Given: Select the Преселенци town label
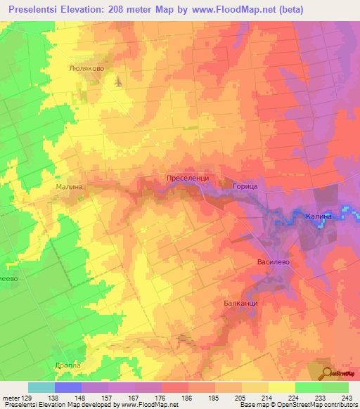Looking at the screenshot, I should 188,179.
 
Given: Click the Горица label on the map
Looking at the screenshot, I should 245,186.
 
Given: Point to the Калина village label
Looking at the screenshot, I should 318,216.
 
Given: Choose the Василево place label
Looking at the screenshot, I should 272,261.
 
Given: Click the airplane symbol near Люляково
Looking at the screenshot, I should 117,82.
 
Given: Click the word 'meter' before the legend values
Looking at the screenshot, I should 12,397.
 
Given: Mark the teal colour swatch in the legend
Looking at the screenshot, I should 41,387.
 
